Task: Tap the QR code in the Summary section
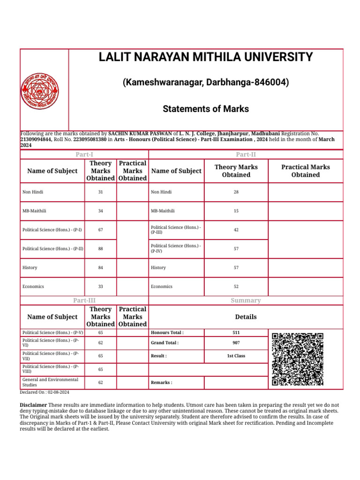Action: tap(298, 359)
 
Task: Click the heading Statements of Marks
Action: tap(206, 109)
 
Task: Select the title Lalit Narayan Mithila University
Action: tap(206, 58)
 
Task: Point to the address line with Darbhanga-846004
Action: tap(206, 83)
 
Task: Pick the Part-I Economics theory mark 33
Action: tap(100, 286)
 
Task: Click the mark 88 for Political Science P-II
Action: tap(100, 249)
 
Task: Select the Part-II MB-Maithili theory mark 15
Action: tap(236, 211)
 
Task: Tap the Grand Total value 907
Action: tap(236, 343)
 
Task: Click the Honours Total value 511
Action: tap(236, 333)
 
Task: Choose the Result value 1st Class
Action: tap(236, 356)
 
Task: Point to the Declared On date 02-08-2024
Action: tap(45, 392)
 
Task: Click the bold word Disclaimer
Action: tap(33, 405)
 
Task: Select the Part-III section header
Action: tap(84, 300)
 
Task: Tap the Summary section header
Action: tap(246, 300)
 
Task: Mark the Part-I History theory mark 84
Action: tap(100, 268)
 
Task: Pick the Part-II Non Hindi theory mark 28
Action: tap(236, 192)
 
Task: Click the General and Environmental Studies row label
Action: tap(50, 382)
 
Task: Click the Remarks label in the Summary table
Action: tap(161, 383)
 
